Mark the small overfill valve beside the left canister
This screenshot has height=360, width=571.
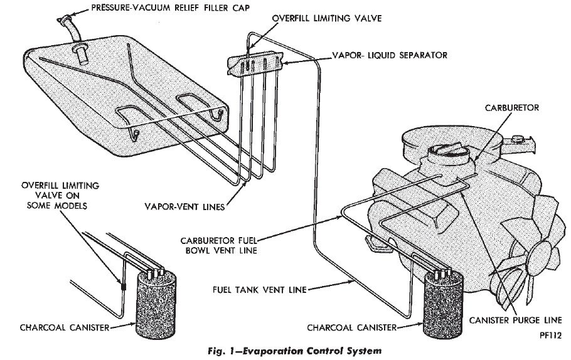coord(124,288)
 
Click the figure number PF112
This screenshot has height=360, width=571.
coord(550,337)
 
